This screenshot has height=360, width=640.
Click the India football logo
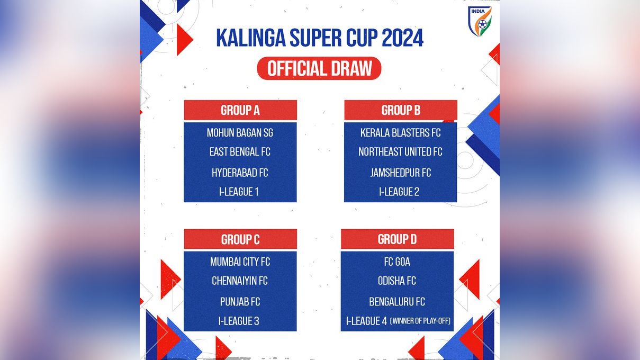(480, 21)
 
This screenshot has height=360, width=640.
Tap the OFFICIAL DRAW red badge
(319, 69)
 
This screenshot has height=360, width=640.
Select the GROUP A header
(240, 110)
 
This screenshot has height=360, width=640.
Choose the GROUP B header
(401, 110)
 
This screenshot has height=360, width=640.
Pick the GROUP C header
(240, 239)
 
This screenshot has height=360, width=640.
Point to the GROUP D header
(397, 239)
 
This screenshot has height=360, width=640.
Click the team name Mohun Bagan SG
(240, 132)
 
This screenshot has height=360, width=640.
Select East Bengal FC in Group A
(240, 152)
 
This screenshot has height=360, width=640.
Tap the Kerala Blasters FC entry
(400, 132)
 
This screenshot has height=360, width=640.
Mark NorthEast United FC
(400, 152)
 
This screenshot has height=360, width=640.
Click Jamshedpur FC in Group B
(400, 173)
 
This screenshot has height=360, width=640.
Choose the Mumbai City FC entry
(240, 262)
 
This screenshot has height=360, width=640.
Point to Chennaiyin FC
(240, 281)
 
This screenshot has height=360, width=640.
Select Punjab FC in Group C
(240, 302)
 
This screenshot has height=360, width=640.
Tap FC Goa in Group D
(397, 262)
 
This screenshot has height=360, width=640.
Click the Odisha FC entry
(397, 281)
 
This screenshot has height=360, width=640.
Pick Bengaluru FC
(397, 302)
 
